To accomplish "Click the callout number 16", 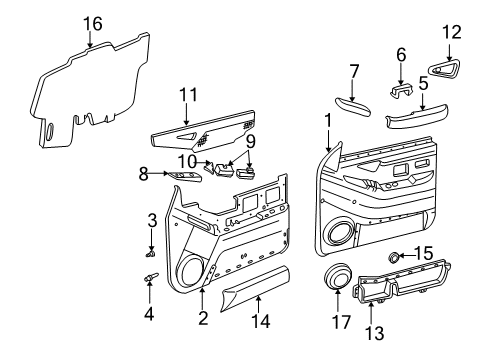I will [92, 23].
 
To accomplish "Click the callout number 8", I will [143, 173].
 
